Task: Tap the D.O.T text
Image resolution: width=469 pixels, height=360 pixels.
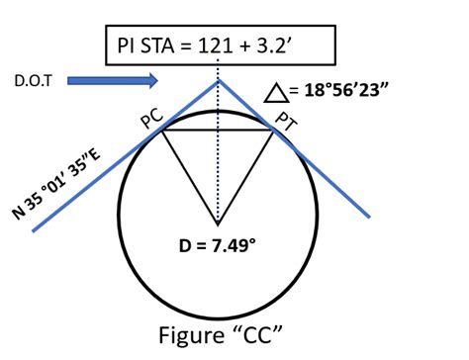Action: [x=31, y=78]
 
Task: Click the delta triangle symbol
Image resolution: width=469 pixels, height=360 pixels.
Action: [x=278, y=92]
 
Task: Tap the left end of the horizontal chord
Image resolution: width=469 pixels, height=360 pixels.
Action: [x=161, y=129]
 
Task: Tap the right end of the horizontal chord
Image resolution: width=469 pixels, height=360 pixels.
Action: [x=274, y=129]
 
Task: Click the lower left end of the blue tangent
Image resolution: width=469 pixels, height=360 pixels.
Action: [x=34, y=229]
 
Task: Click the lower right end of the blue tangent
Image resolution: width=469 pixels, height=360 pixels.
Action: [x=371, y=216]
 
